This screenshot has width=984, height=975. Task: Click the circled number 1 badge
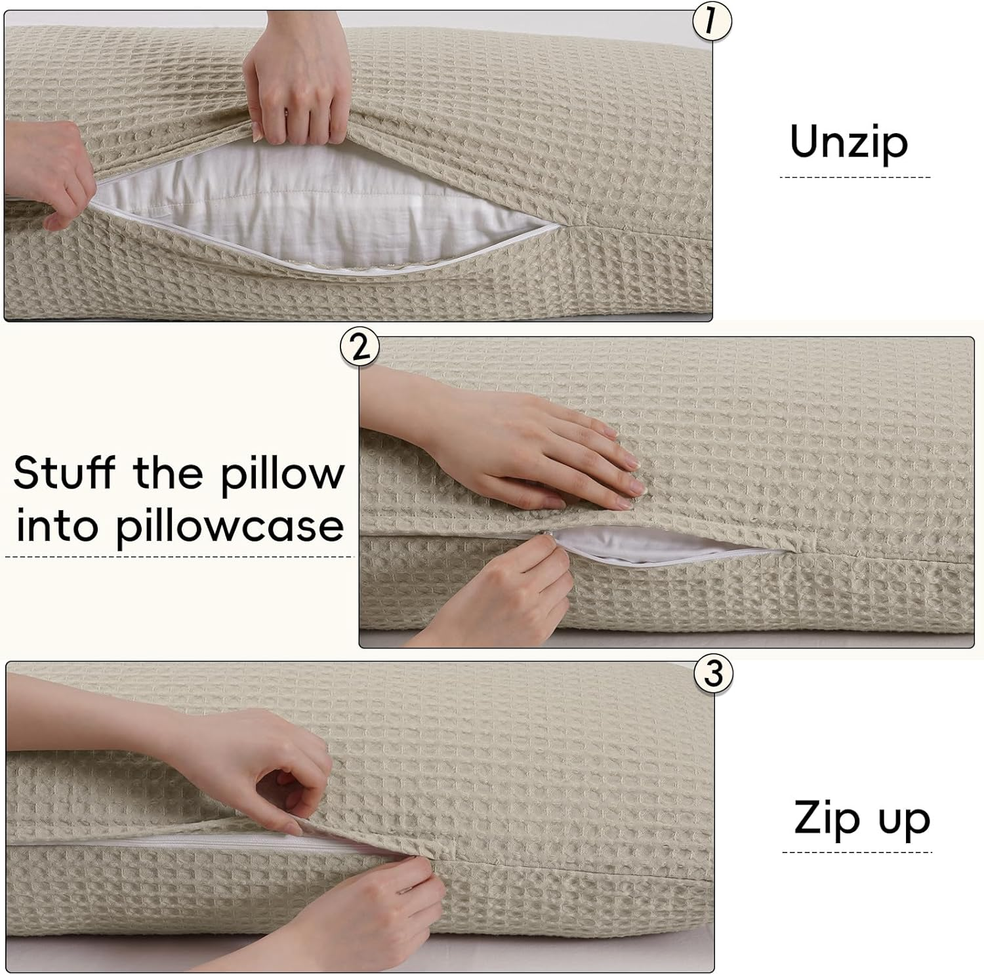point(712,22)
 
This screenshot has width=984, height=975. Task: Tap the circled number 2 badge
point(359,347)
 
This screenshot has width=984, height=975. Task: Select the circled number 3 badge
point(713,673)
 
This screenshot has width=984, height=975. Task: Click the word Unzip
point(849,142)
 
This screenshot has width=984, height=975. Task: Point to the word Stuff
point(64,472)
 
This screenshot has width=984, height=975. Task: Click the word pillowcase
point(230,527)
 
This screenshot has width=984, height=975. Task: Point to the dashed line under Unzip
point(855,177)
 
